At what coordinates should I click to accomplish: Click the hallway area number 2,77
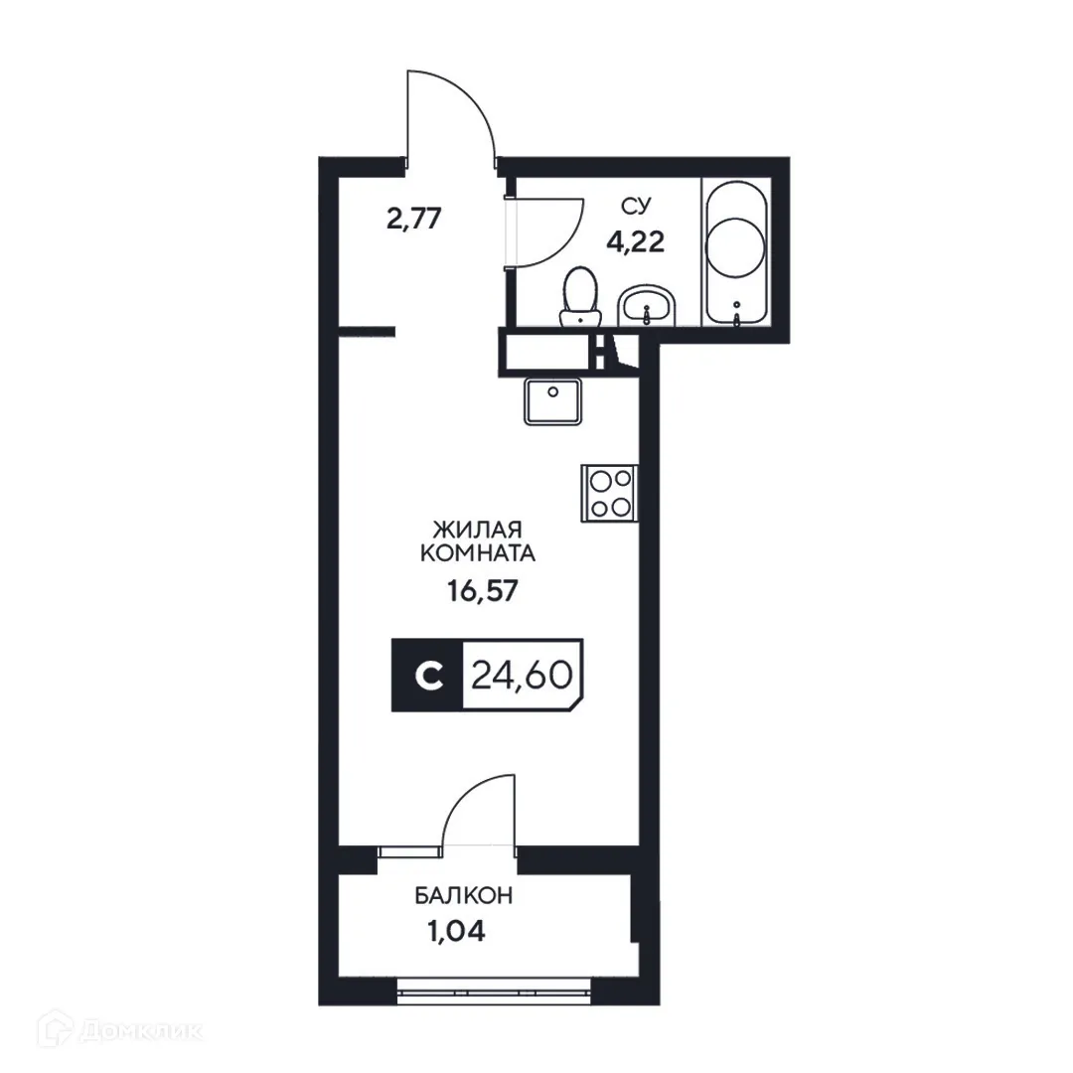point(413,219)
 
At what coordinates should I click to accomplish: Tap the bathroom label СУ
point(636,206)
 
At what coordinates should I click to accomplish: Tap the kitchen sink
point(553,399)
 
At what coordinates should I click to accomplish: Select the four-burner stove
point(609,494)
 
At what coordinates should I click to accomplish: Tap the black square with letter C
point(428,676)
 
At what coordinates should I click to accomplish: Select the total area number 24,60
point(521,676)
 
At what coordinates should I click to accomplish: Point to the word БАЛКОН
point(464,896)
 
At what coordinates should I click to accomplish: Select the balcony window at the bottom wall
point(494,987)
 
